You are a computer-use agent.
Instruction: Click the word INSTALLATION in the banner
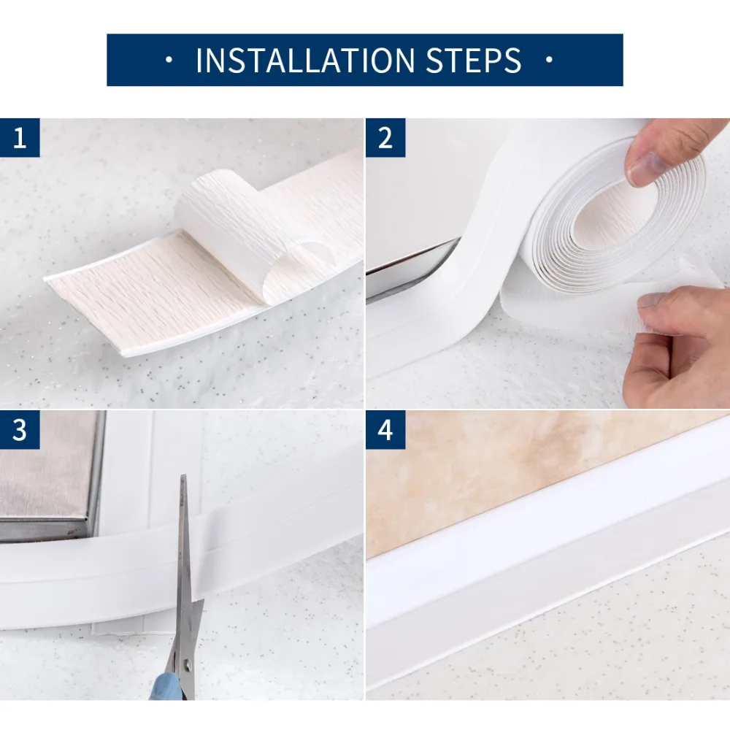tap(305, 60)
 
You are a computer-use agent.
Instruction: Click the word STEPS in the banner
tap(474, 60)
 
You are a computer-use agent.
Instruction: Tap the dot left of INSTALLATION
tap(169, 59)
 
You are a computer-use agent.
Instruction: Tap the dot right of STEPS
tap(550, 59)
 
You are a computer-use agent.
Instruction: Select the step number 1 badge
tap(20, 138)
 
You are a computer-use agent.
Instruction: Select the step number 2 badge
tap(385, 138)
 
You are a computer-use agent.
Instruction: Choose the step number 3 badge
tap(20, 430)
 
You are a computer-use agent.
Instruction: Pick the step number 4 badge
tap(385, 430)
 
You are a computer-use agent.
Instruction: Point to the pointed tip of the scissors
tap(183, 476)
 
